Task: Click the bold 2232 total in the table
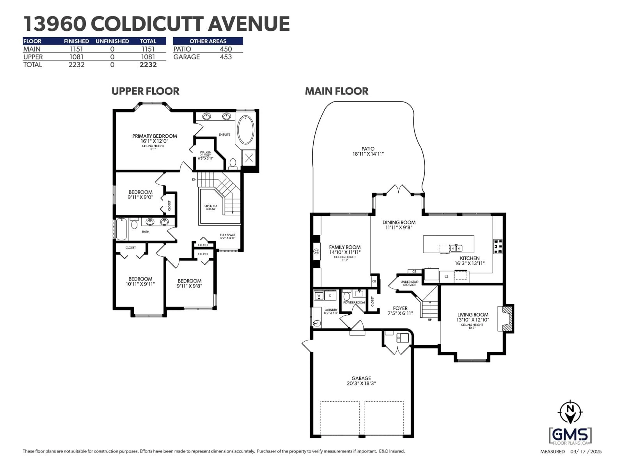pos(148,65)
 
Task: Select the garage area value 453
pos(226,57)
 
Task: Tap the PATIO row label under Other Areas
pos(182,49)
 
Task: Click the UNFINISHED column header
pos(112,41)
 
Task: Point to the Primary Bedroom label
pos(155,136)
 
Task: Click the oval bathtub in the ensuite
pos(246,130)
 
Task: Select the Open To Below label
pos(210,207)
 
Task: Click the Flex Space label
pos(228,235)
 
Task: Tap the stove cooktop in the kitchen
pos(498,246)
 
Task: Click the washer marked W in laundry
pos(319,296)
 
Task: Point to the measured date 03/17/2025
pos(586,452)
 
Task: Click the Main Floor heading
pos(337,91)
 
